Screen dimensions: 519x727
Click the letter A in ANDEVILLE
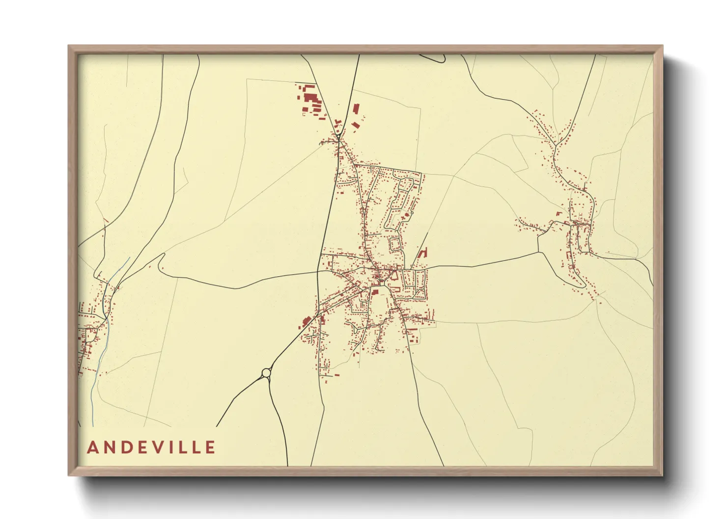92,447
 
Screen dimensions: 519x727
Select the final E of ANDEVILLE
210,447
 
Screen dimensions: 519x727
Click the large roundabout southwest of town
267,373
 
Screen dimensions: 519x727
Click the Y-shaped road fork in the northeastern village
556,146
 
